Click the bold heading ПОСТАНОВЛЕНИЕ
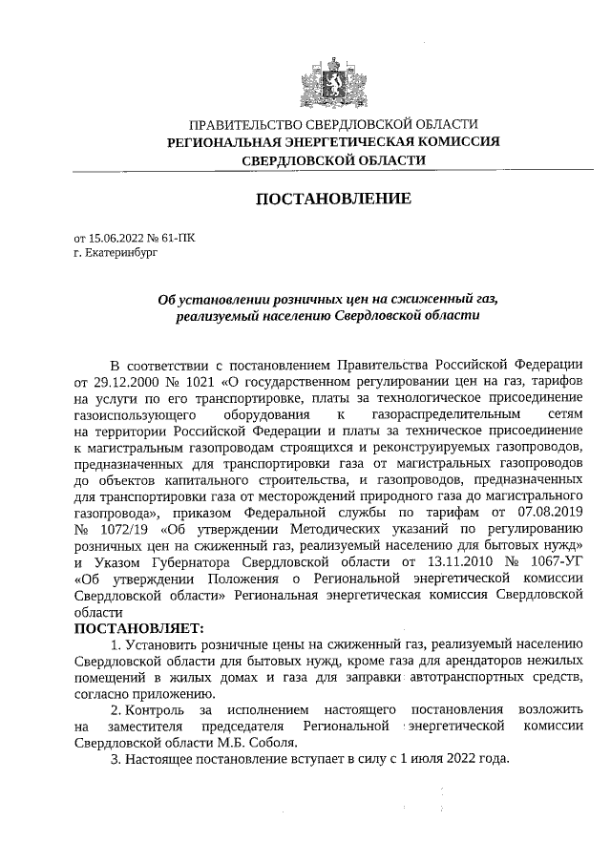[x=333, y=200]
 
